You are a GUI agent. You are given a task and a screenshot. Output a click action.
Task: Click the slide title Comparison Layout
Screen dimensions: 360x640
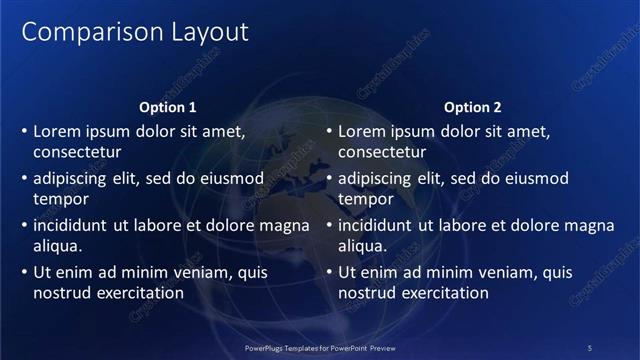(135, 32)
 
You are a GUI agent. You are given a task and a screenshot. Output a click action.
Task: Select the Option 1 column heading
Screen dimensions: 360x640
(168, 107)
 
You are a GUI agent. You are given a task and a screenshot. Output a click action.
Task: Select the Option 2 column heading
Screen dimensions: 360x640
(473, 107)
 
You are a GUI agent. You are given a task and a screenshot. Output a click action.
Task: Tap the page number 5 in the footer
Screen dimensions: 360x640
(589, 347)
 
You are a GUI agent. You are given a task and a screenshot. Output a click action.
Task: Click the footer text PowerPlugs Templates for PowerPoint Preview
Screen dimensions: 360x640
(320, 347)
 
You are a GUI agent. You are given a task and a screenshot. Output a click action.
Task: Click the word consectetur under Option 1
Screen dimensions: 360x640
(77, 153)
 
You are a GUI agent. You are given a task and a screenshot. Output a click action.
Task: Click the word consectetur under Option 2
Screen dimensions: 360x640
(382, 153)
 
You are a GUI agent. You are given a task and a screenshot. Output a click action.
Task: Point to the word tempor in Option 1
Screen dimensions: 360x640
(60, 199)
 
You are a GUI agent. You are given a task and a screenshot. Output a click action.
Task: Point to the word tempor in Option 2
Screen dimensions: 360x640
(365, 199)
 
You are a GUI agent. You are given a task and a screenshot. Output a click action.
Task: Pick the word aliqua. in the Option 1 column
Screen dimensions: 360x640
(57, 246)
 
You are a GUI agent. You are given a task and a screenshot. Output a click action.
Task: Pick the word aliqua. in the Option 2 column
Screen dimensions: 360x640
(362, 246)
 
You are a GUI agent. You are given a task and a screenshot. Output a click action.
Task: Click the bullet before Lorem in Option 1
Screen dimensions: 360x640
(24, 131)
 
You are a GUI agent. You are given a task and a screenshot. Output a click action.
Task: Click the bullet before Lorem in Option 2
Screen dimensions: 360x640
(329, 131)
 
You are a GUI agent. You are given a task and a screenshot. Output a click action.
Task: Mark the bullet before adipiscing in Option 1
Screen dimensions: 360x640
(24, 178)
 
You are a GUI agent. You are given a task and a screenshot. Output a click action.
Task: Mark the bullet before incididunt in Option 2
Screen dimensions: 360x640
(329, 225)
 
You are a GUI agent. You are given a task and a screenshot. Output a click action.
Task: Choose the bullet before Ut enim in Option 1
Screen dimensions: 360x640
(24, 272)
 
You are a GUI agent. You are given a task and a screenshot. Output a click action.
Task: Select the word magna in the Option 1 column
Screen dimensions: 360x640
(284, 225)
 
